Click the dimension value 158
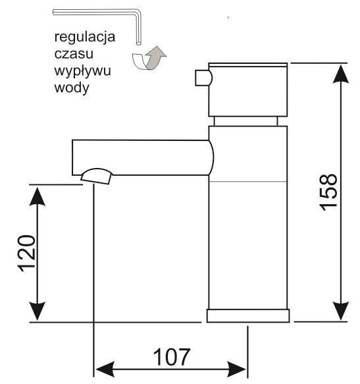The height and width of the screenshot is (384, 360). point(328,192)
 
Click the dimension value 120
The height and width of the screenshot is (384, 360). point(27,253)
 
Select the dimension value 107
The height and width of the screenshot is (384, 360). point(172,357)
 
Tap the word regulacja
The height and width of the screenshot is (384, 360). point(85,38)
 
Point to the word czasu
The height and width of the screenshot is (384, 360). point(74,53)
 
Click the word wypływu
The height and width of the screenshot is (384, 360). point(82,71)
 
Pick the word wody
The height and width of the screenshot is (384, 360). point(72,88)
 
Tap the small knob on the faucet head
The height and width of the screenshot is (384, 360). point(203,78)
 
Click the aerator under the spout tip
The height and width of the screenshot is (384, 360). point(97,176)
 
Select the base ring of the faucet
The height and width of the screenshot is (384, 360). point(248,316)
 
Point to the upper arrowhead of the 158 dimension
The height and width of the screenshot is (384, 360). point(341,74)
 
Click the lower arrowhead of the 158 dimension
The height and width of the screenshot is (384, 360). point(341,311)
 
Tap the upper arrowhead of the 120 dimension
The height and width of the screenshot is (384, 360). point(38,196)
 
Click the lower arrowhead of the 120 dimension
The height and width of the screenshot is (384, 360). point(38,311)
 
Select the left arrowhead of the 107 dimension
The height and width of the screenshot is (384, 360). point(105,369)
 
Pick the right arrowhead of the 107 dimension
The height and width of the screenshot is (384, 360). point(237,369)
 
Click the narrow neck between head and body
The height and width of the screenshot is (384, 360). point(245,121)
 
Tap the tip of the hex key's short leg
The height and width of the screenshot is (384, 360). point(138,44)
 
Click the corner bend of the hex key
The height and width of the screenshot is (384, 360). point(138,13)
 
